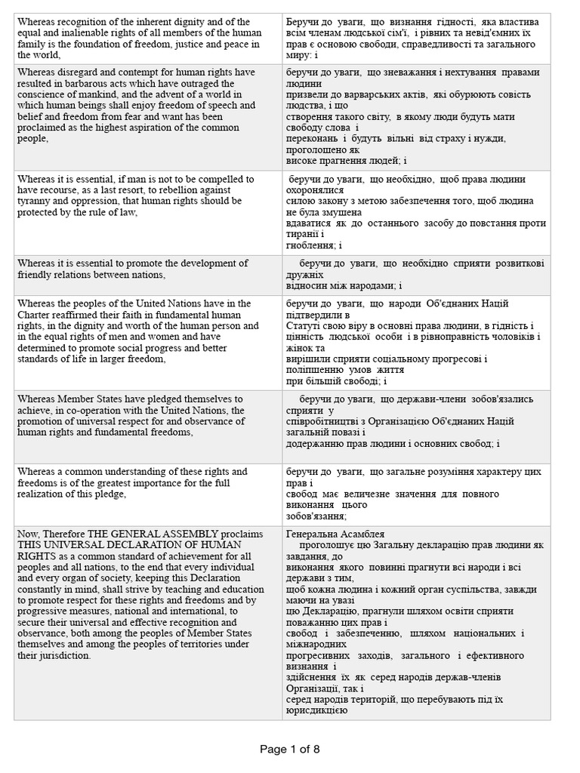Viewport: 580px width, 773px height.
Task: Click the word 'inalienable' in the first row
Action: pyautogui.click(x=84, y=32)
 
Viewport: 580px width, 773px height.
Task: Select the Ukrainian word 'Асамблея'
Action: pyautogui.click(x=365, y=532)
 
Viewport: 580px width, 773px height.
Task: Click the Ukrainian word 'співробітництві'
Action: pyautogui.click(x=325, y=420)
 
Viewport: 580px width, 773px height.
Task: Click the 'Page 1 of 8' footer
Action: pyautogui.click(x=290, y=749)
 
